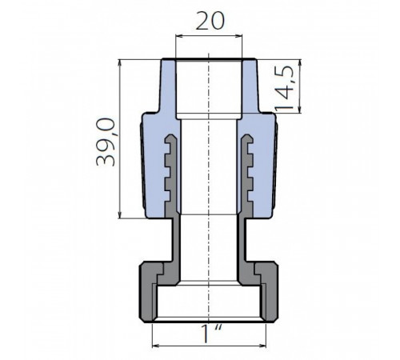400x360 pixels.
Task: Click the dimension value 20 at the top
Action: [x=210, y=21]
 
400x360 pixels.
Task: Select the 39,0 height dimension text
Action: [x=106, y=142]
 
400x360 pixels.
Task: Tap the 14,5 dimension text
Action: [x=285, y=89]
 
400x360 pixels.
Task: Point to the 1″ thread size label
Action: [x=210, y=334]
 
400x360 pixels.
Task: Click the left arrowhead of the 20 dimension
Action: [x=179, y=36]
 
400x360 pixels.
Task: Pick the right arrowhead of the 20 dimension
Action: [x=238, y=36]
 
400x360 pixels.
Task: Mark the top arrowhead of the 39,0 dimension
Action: [x=120, y=63]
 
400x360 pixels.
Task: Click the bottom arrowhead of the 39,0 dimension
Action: [x=120, y=214]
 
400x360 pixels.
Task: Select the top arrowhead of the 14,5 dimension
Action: [x=300, y=63]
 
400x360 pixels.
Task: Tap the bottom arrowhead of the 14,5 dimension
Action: [x=300, y=110]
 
